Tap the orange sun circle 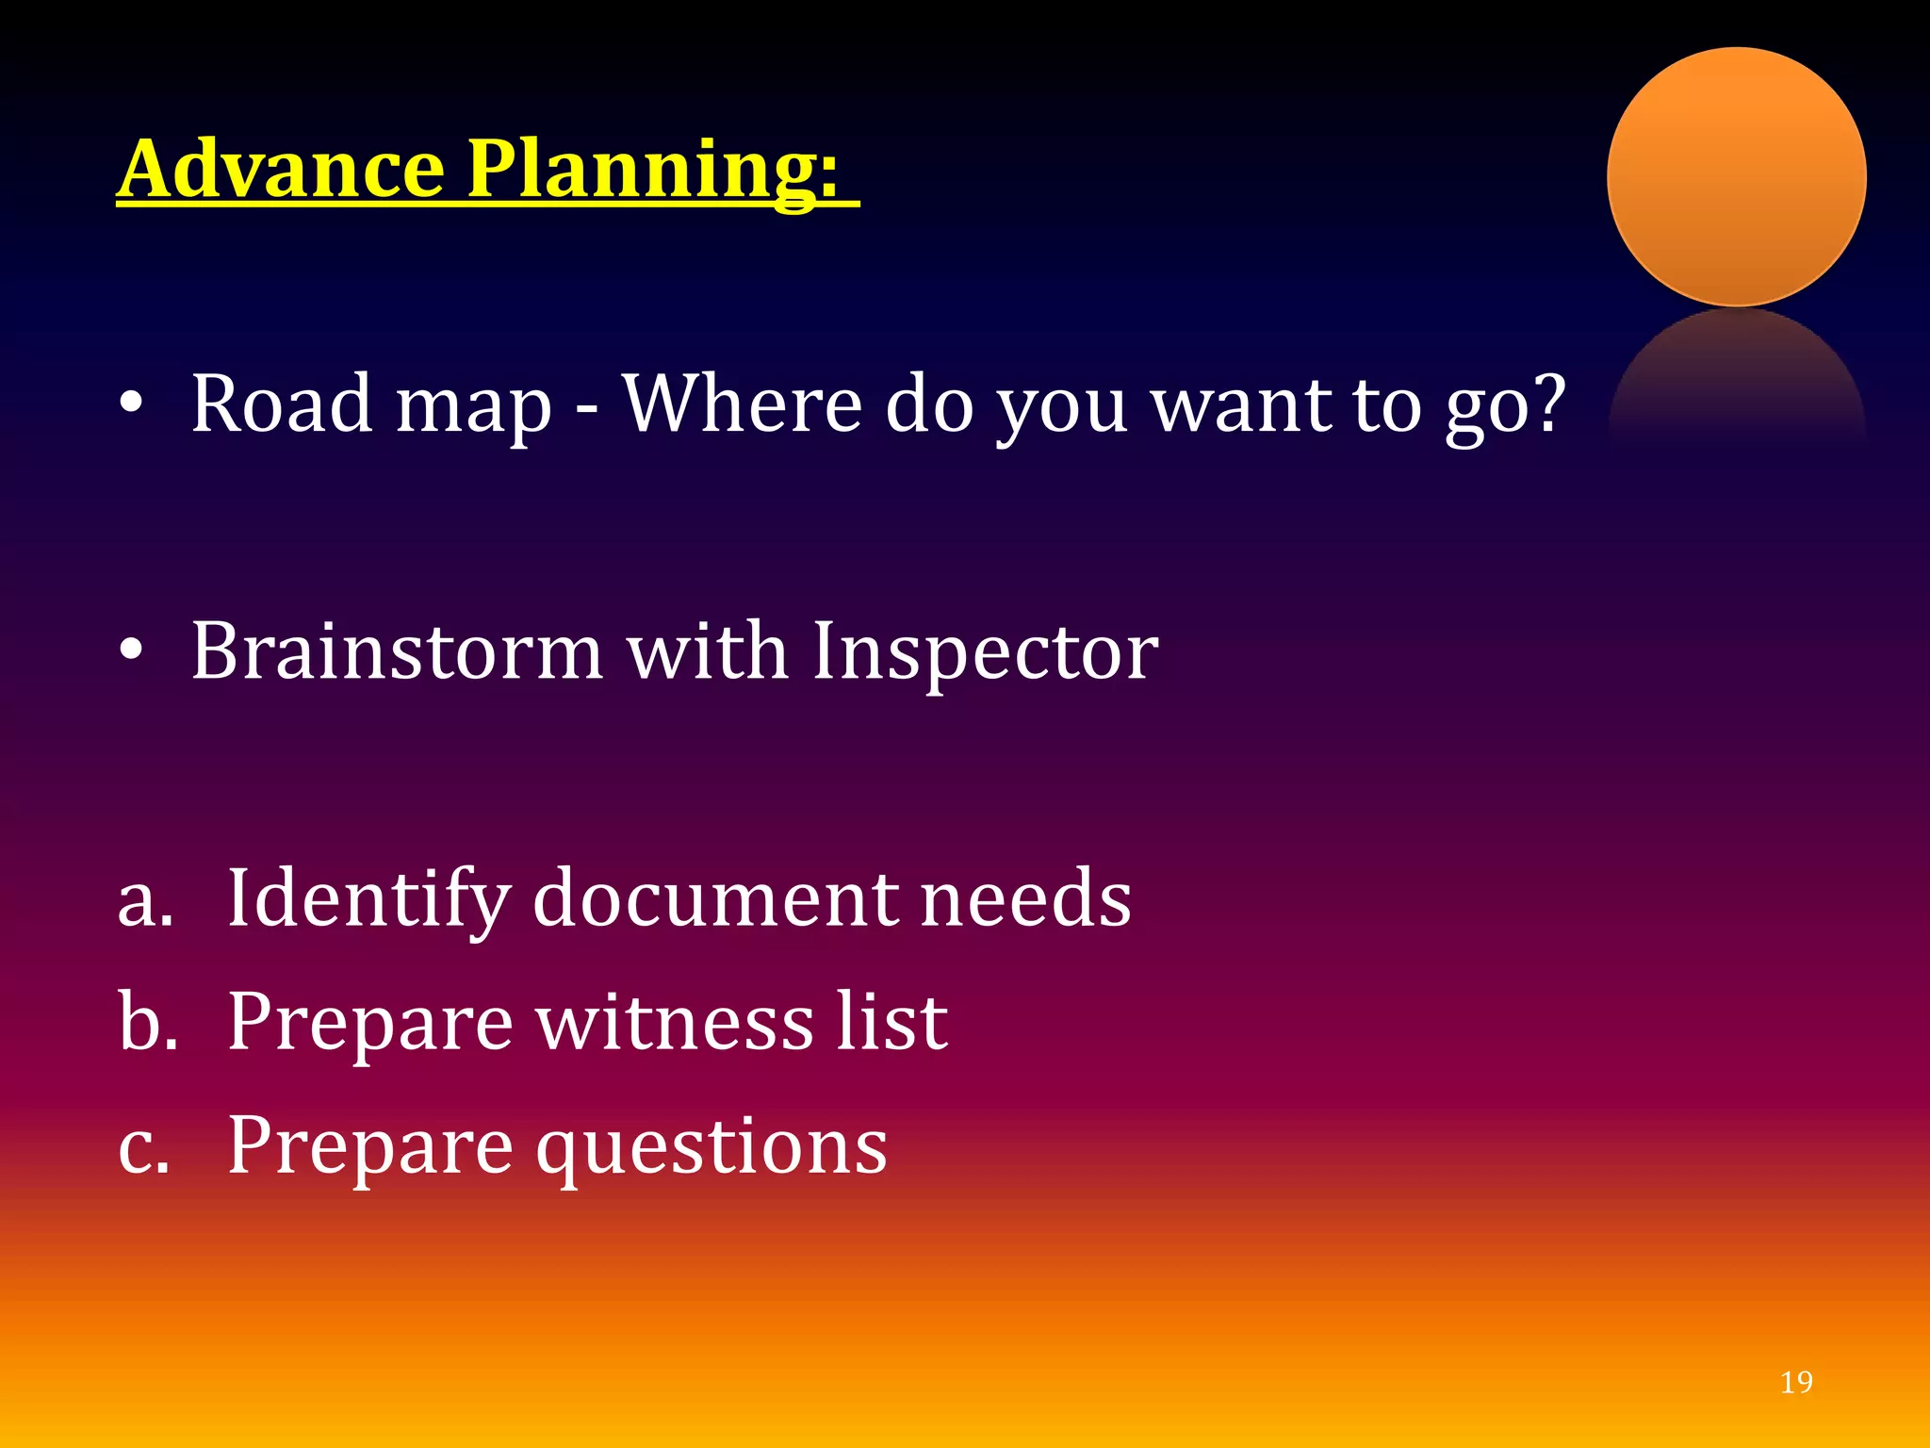point(1736,177)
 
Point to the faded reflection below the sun point(1736,377)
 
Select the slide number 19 point(1795,1382)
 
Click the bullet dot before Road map point(131,403)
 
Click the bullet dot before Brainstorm point(131,650)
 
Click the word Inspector point(984,652)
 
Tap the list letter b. point(146,1022)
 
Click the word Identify point(368,899)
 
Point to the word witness point(674,1022)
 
